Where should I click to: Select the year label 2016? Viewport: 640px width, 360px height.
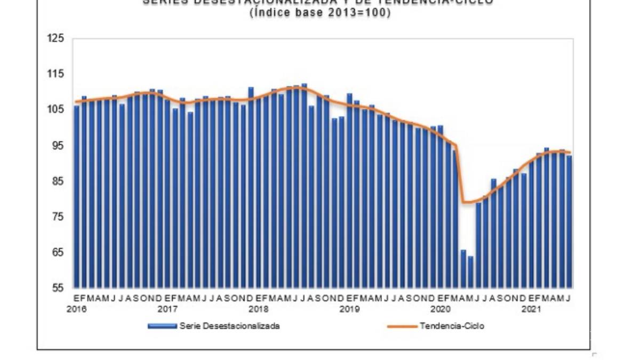[77, 309]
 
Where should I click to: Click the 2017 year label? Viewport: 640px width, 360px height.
[167, 309]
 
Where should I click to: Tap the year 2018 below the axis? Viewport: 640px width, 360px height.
[259, 309]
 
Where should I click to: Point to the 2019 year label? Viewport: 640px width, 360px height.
[349, 309]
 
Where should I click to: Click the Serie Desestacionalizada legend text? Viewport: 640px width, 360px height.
[229, 326]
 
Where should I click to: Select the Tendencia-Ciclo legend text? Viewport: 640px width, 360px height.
[452, 326]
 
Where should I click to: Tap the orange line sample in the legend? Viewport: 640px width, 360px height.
[403, 326]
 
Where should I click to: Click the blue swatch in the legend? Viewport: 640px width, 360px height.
[162, 326]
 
